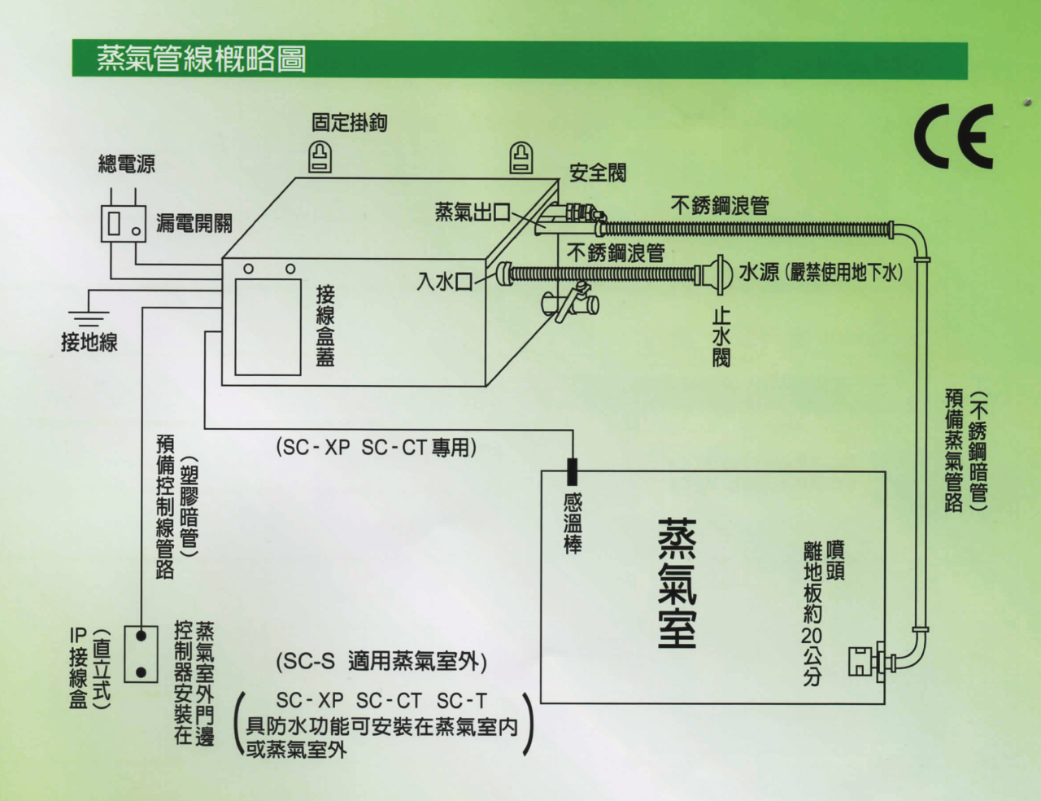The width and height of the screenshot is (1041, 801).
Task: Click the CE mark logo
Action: coord(954,136)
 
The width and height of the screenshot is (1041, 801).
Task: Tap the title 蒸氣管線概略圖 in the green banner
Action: coord(201,59)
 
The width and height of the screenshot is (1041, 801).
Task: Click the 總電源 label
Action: coord(126,165)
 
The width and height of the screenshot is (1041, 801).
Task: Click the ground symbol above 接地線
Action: coord(88,317)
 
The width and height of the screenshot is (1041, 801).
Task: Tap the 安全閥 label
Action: coord(598,173)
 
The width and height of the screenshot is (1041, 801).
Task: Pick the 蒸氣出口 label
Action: coord(472,213)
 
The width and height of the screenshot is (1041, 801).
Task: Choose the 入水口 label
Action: coord(444,282)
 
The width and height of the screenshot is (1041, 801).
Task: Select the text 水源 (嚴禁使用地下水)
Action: coord(821,273)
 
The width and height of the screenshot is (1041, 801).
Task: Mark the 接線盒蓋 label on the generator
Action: coord(325,325)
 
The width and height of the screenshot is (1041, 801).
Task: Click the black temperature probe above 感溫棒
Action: coord(573,471)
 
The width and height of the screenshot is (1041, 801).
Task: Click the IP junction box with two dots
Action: coord(141,654)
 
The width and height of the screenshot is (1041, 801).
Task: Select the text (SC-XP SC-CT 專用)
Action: coord(376,447)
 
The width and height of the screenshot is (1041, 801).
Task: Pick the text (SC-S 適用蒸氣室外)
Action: coord(381,661)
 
